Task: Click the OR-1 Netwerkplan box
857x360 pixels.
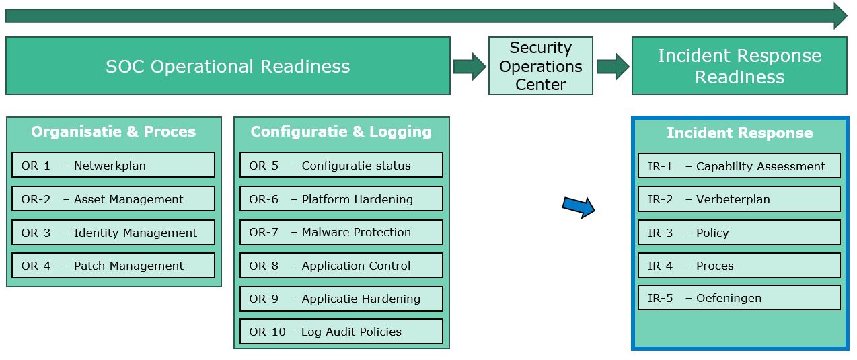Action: pos(113,165)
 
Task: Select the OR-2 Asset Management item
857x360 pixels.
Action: pos(113,199)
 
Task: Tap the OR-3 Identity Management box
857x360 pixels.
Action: pos(113,232)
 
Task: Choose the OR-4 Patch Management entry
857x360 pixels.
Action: pos(113,265)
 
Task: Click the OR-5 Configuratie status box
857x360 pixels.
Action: pos(341,165)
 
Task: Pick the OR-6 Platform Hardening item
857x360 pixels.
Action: pos(341,199)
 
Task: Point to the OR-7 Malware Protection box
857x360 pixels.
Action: pos(341,231)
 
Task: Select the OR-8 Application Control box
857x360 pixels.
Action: pos(341,265)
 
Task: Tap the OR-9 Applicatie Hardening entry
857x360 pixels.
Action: pos(341,298)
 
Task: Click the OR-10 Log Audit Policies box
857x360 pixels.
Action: pos(341,331)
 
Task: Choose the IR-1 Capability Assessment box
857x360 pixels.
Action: pos(739,166)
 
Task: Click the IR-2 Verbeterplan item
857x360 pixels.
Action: pos(739,199)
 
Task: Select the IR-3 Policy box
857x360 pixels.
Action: pos(739,232)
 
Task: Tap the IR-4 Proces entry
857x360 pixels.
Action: pos(739,265)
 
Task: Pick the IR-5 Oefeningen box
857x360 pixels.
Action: pos(739,297)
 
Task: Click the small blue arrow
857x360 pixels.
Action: pos(579,207)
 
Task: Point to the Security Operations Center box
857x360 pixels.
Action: pos(540,66)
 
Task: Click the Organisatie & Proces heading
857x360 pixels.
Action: pos(113,131)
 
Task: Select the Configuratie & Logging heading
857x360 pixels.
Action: pos(341,131)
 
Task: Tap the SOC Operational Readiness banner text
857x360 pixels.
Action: pos(227,66)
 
